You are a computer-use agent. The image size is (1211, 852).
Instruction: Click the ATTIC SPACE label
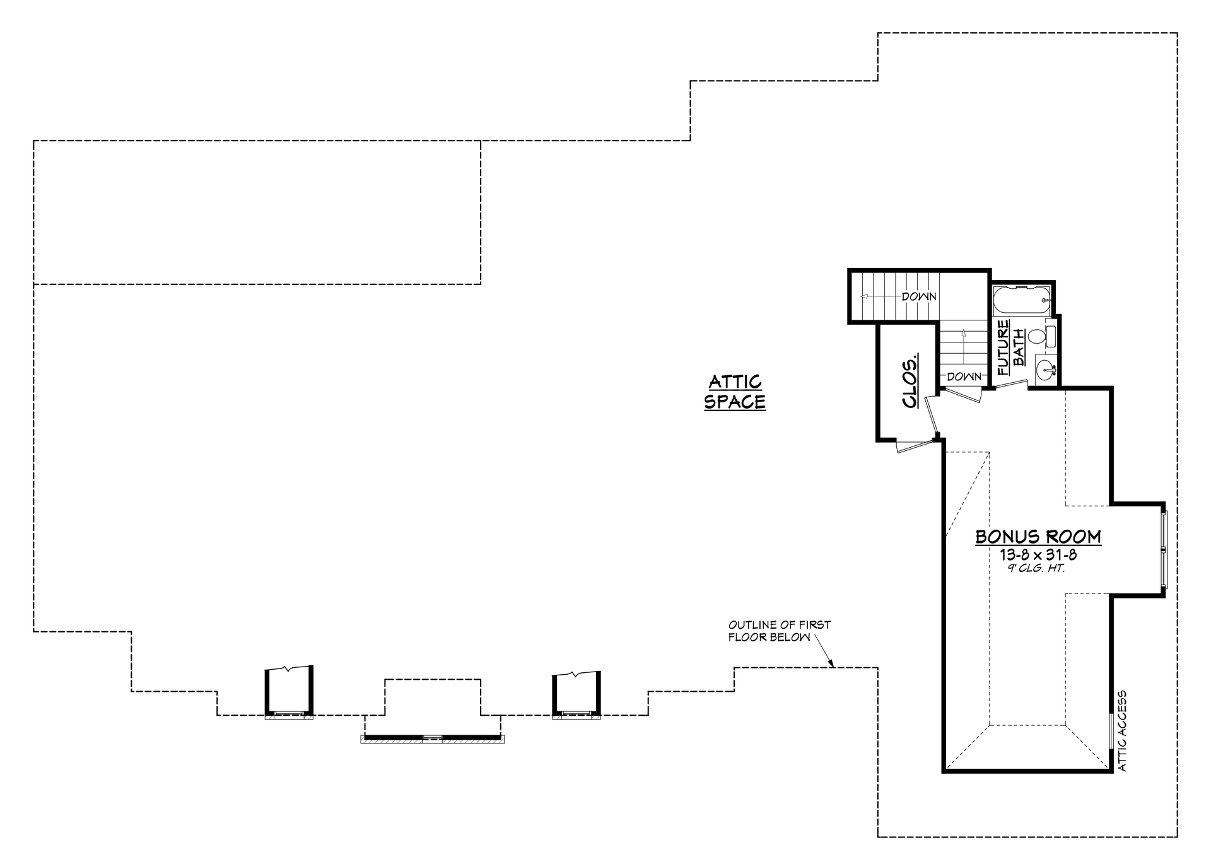click(x=735, y=392)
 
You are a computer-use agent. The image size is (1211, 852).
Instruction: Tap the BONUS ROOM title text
click(x=1038, y=537)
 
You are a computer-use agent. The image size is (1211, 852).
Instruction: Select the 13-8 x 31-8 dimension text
click(x=1038, y=555)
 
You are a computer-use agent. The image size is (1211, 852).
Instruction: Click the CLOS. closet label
click(x=910, y=382)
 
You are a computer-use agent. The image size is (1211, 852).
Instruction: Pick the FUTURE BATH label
click(x=1010, y=344)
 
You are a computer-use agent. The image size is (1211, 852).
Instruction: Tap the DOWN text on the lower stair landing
click(x=964, y=377)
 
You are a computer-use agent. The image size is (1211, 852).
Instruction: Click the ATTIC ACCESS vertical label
click(x=1122, y=731)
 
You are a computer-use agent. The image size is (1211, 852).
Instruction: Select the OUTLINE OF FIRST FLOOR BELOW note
click(x=780, y=631)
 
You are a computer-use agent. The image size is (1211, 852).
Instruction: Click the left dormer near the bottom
click(x=289, y=694)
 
